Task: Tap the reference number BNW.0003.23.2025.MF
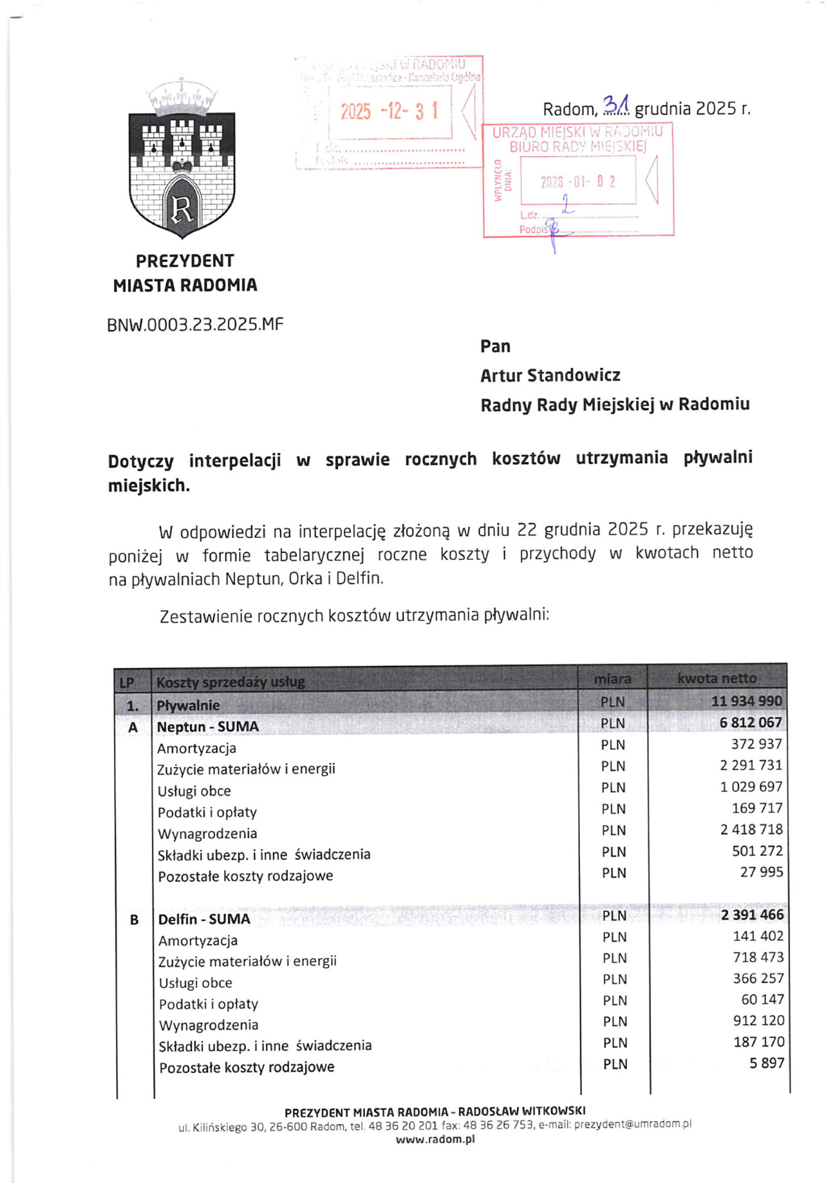(195, 325)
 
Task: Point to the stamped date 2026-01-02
(578, 182)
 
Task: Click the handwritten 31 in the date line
(615, 104)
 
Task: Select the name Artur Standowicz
(550, 376)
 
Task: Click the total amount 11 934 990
(746, 701)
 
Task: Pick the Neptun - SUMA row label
(208, 727)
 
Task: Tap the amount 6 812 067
(750, 723)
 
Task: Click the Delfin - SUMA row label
(204, 919)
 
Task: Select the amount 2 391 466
(752, 915)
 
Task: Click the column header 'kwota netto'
(716, 678)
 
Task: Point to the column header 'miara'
(613, 679)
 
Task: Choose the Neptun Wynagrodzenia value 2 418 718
(751, 829)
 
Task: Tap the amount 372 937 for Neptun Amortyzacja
(757, 744)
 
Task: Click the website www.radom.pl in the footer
(435, 1139)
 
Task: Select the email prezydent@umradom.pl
(632, 1124)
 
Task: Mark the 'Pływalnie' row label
(188, 705)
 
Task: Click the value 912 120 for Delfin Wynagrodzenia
(758, 1020)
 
